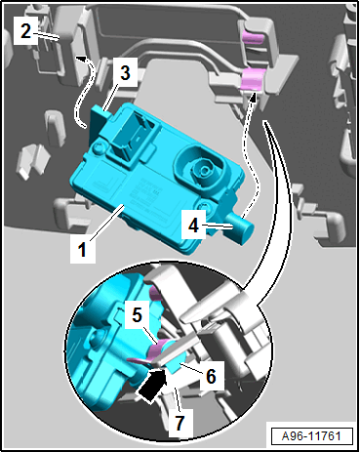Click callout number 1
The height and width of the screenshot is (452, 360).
click(x=82, y=250)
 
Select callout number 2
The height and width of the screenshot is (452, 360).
click(x=25, y=31)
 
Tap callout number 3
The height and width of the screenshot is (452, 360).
click(x=125, y=72)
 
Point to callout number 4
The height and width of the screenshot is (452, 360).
click(x=194, y=225)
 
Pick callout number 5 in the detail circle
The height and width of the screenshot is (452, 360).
click(x=137, y=315)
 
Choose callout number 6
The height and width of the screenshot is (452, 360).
click(x=211, y=376)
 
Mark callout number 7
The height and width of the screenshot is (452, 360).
click(x=180, y=423)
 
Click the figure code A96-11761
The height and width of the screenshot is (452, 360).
click(x=311, y=435)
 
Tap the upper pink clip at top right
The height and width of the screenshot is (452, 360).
click(x=253, y=38)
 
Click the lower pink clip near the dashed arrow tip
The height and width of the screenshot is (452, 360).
click(x=252, y=79)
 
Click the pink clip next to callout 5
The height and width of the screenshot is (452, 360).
click(x=159, y=348)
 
